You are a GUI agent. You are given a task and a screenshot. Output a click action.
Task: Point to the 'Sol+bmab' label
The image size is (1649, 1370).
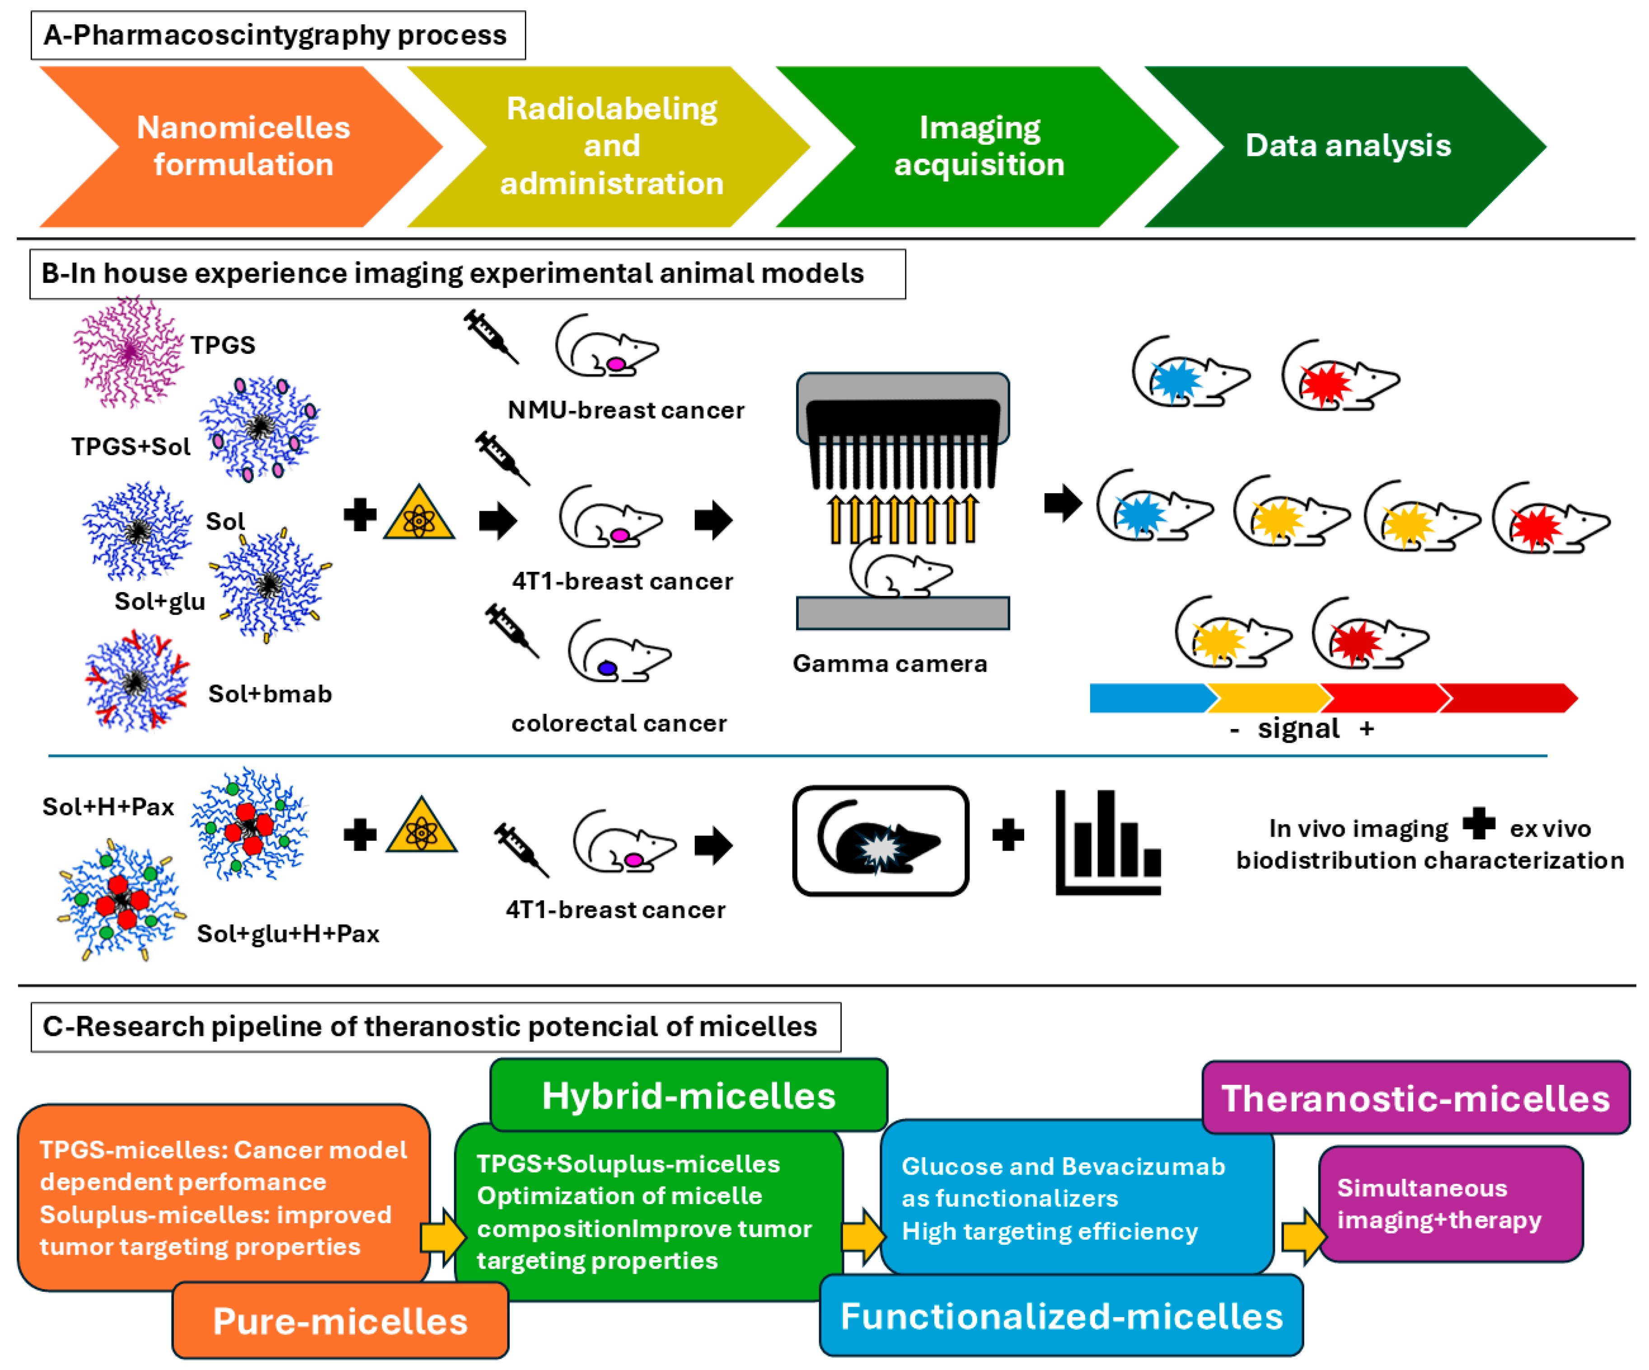click(269, 694)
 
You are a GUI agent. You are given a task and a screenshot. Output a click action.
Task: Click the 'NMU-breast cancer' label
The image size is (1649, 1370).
click(625, 410)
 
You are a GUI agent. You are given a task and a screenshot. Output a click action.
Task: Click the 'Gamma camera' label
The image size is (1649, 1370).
click(889, 664)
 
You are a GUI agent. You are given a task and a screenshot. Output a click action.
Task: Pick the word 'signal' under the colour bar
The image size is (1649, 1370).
click(1298, 729)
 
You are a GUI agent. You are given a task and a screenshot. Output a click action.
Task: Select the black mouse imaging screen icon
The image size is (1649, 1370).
click(880, 841)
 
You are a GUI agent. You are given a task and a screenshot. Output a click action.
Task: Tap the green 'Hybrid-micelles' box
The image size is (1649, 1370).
click(688, 1095)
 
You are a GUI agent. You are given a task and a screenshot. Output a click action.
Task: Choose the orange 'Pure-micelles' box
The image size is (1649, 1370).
click(340, 1321)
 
